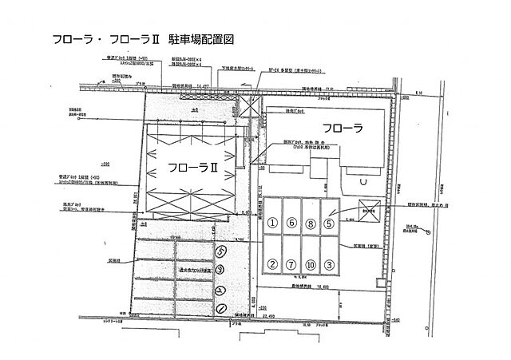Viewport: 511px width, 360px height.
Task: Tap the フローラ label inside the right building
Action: click(x=343, y=127)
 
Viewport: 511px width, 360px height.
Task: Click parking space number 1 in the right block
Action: click(x=272, y=224)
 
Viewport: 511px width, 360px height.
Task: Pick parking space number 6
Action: click(x=292, y=224)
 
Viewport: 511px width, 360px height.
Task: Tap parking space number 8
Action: click(x=311, y=224)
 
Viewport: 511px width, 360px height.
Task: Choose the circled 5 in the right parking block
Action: click(x=329, y=224)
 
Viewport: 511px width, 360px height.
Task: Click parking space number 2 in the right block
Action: click(x=272, y=264)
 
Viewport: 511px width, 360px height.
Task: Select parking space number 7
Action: click(x=292, y=264)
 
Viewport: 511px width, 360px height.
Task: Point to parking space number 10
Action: click(x=311, y=264)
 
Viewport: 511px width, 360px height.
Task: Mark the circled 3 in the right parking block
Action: click(x=329, y=264)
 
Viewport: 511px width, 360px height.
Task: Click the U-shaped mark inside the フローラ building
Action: click(x=363, y=180)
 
